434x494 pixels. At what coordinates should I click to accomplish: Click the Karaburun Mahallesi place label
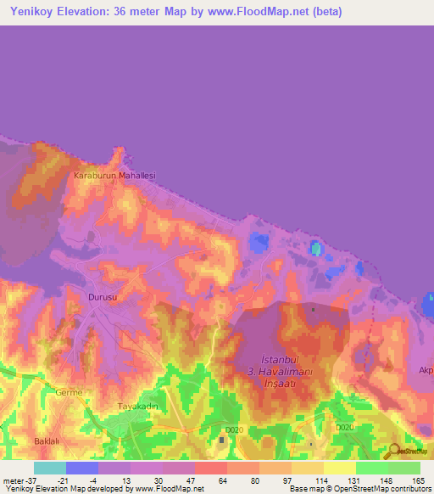115,176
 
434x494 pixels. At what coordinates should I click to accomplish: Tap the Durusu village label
101,297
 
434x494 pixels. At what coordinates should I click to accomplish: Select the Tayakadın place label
139,407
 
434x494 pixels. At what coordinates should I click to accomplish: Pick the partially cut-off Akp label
426,370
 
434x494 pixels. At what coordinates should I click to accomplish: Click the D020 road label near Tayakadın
235,429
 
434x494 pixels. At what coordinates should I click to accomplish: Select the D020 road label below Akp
343,428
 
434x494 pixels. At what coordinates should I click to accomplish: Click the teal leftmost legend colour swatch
50,468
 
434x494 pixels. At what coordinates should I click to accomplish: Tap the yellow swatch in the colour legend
339,468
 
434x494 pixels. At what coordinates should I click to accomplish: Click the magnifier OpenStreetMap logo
394,451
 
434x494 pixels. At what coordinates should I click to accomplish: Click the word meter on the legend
13,480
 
